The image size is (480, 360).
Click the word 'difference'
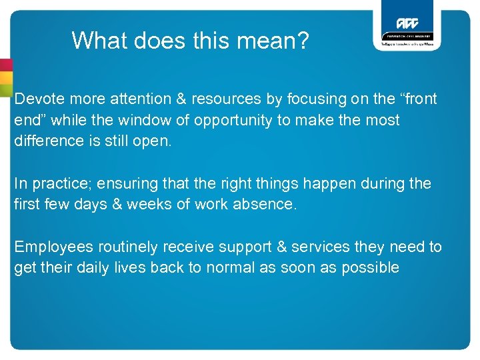[45, 142]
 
